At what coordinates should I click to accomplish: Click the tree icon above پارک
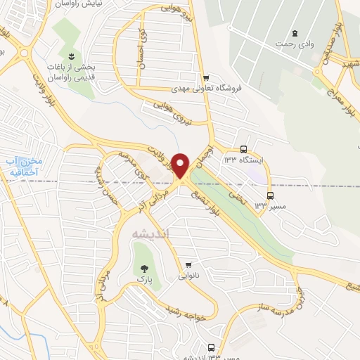coord(144,268)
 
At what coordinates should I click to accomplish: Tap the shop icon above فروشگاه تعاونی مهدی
coord(205,78)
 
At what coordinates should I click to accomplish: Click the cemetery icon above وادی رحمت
coord(294,32)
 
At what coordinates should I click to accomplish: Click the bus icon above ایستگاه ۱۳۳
coord(243,149)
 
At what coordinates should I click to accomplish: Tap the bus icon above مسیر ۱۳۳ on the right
coord(270,195)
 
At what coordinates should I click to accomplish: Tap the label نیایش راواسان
coord(73,4)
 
